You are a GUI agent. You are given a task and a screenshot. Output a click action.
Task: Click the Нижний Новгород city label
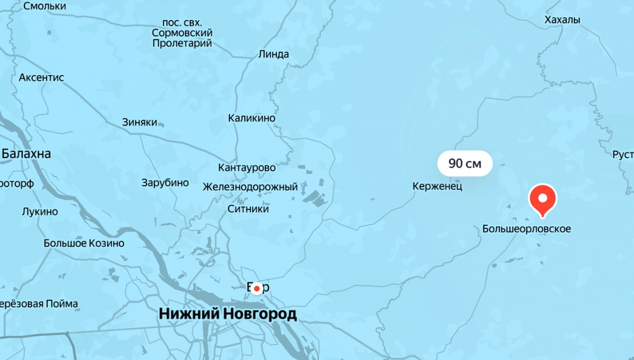(228, 315)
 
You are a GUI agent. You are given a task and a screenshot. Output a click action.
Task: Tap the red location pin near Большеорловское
(543, 198)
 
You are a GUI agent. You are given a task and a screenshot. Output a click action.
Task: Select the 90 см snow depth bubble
(465, 164)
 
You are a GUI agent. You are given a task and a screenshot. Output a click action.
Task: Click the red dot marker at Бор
(257, 288)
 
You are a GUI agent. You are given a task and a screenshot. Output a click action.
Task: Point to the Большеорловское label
(527, 229)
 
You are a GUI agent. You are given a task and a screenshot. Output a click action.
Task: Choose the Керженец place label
(437, 186)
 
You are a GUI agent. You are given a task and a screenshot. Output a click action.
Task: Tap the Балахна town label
(26, 154)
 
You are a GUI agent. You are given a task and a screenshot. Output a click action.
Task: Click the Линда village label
(274, 54)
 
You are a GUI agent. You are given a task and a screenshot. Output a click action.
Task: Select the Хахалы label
(562, 20)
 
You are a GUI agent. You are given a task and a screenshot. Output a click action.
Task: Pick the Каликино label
(251, 118)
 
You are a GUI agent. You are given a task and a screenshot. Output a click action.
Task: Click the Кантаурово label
(247, 168)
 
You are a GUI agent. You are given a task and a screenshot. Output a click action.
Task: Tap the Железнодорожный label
(250, 187)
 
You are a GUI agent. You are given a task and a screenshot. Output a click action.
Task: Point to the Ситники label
(248, 209)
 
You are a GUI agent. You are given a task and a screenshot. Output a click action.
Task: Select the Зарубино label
(165, 183)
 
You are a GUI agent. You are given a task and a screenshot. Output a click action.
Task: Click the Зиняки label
(139, 122)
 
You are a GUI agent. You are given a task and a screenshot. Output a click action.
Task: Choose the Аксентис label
(41, 78)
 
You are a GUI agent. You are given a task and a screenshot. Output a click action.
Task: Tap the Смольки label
(45, 6)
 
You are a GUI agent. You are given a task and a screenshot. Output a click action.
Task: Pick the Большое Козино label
(84, 243)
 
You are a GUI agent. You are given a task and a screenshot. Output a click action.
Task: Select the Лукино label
(40, 211)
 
